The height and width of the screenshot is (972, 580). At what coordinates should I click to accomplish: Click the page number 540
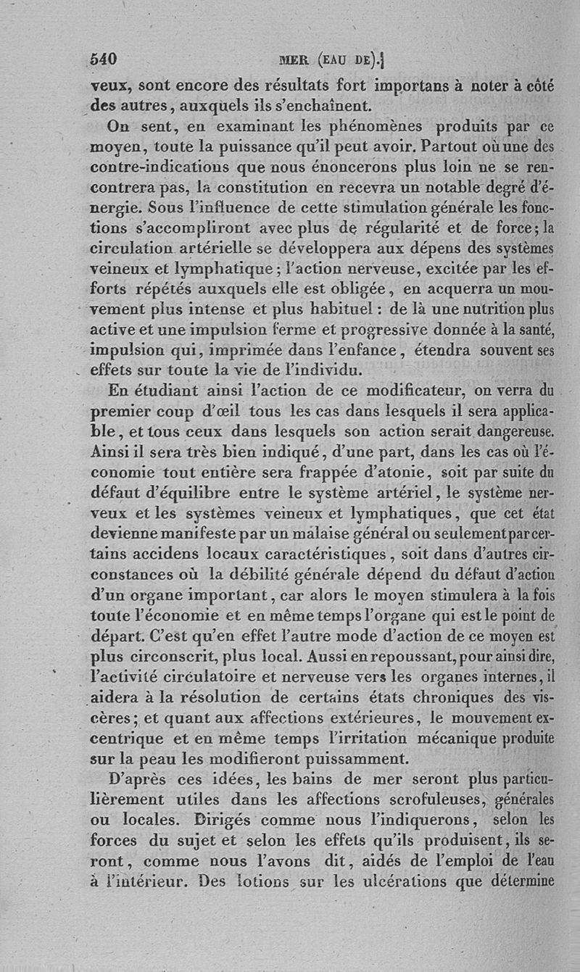(x=104, y=59)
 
